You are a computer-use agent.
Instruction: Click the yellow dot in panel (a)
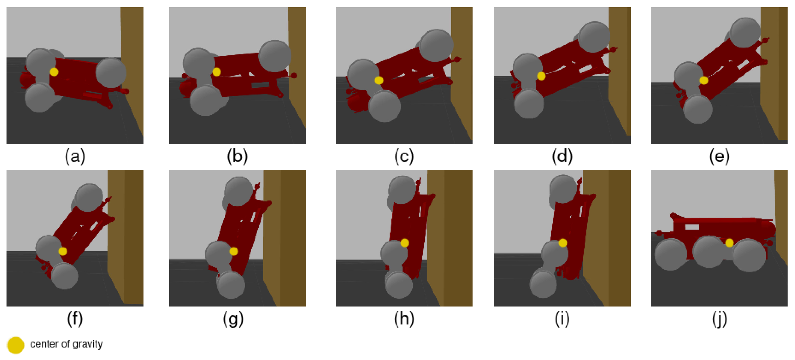54,72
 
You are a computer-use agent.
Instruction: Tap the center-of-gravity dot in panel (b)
217,72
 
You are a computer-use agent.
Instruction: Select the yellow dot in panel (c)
379,80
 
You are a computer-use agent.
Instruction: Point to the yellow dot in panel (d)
541,76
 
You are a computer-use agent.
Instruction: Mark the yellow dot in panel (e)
704,80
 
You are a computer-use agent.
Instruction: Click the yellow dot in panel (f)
63,251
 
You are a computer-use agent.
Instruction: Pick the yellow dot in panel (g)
234,251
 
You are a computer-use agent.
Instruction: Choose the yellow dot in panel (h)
405,243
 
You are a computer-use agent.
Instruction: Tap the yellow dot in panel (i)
563,243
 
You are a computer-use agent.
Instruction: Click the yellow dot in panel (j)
729,243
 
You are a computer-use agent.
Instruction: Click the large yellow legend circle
15,345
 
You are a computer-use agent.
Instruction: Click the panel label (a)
75,156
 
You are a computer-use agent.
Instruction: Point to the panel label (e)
719,156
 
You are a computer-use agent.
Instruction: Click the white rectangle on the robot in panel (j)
692,227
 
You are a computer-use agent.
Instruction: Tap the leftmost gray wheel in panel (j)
670,255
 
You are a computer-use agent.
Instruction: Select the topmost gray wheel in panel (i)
563,189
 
